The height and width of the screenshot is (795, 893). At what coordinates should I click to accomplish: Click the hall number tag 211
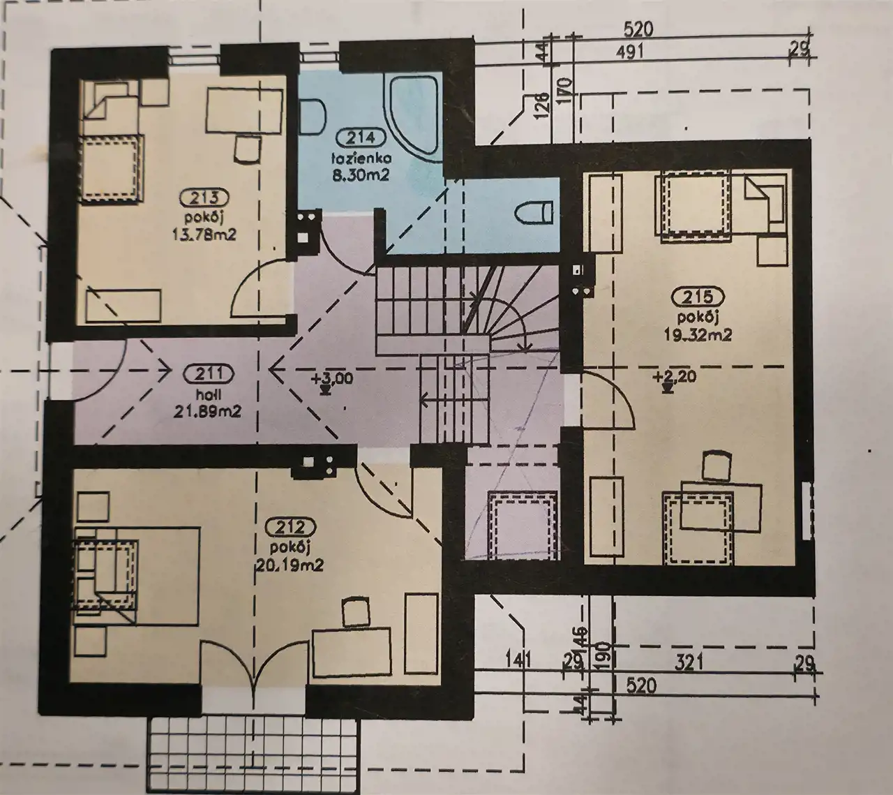point(208,374)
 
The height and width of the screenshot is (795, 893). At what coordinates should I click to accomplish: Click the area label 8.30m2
point(361,176)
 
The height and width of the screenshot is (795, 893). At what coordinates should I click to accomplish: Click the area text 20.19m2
point(290,565)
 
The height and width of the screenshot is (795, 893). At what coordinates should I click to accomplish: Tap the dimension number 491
point(630,52)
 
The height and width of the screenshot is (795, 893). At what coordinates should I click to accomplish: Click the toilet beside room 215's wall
point(534,212)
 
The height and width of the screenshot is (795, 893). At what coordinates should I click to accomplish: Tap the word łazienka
point(360,158)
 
